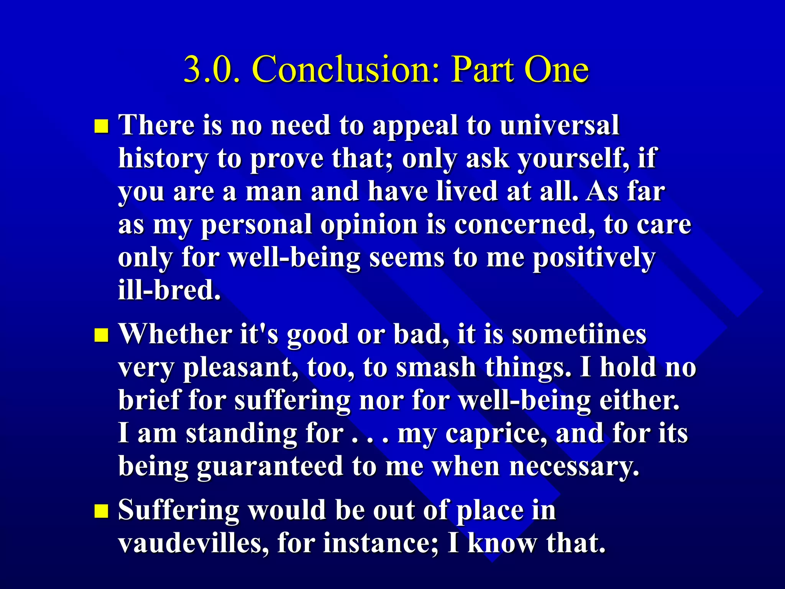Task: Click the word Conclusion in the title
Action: click(345, 69)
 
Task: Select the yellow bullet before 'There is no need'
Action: click(101, 126)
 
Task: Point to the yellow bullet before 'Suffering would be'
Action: click(101, 511)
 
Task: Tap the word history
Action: click(163, 159)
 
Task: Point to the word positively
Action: click(594, 258)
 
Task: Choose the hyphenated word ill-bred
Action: click(169, 290)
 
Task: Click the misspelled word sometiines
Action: click(579, 334)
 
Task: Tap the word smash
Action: click(436, 367)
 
